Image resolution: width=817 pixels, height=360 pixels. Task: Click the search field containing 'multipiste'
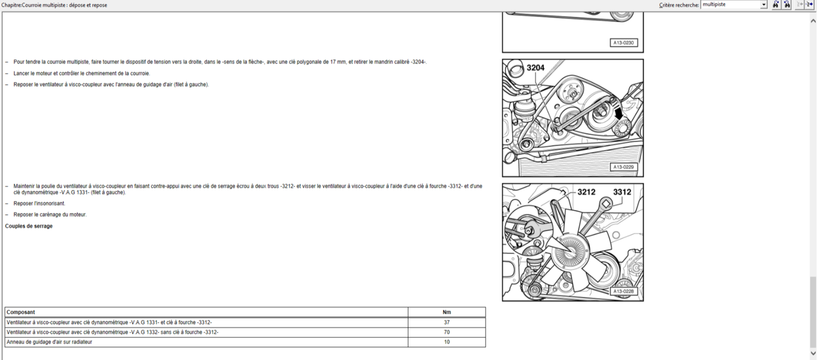(733, 4)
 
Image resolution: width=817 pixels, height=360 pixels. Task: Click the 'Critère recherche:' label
(679, 5)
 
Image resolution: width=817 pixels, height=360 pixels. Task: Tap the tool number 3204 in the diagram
(536, 68)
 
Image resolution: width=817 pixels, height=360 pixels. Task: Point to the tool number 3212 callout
(586, 192)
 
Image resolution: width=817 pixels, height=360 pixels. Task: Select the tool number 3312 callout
(622, 192)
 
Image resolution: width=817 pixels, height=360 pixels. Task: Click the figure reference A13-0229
(624, 167)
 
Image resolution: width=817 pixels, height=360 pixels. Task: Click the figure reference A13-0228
(624, 292)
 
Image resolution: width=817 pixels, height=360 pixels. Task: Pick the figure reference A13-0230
(624, 43)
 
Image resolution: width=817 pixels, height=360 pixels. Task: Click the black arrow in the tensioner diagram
(618, 113)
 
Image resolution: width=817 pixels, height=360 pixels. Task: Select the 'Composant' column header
(21, 312)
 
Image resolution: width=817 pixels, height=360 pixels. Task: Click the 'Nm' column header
(447, 312)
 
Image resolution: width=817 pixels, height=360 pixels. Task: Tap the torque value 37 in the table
(447, 322)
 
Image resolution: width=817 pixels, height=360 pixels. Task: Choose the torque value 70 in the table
(447, 333)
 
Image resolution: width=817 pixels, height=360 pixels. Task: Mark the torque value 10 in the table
(447, 342)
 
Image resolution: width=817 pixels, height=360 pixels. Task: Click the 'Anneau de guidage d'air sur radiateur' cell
(49, 342)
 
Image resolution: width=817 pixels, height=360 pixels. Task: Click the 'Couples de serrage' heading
(29, 226)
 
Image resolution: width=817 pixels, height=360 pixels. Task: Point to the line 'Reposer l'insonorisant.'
(40, 204)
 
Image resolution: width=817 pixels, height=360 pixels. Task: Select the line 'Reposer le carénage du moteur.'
(50, 214)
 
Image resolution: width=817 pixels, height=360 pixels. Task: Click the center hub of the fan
(569, 251)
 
